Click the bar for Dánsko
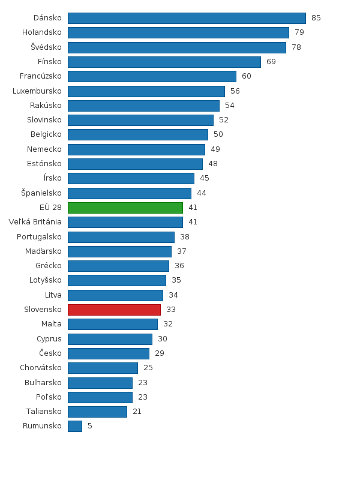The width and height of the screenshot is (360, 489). tap(187, 18)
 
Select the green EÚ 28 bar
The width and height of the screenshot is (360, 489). tap(125, 208)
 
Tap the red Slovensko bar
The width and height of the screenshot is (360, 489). tap(114, 310)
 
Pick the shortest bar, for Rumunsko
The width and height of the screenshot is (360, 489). tap(75, 426)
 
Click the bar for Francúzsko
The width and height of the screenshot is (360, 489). tap(152, 76)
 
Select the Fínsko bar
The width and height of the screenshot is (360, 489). tap(164, 62)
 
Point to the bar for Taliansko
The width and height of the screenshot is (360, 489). tap(97, 412)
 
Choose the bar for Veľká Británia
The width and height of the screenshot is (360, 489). tap(125, 222)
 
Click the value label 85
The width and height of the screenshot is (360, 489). tap(316, 18)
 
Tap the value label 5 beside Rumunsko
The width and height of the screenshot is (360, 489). tap(90, 426)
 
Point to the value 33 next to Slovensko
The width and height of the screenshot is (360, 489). tap(171, 310)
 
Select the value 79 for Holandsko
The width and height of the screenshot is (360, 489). tap(299, 32)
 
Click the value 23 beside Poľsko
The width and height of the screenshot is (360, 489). tap(143, 397)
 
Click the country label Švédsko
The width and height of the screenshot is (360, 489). tap(46, 47)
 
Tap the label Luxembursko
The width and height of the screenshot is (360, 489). tap(37, 91)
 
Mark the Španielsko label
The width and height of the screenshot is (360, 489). tap(41, 193)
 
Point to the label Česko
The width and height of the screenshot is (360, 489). tap(50, 353)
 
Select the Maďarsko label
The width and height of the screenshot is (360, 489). tap(44, 251)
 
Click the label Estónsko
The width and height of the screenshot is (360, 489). tap(44, 164)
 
